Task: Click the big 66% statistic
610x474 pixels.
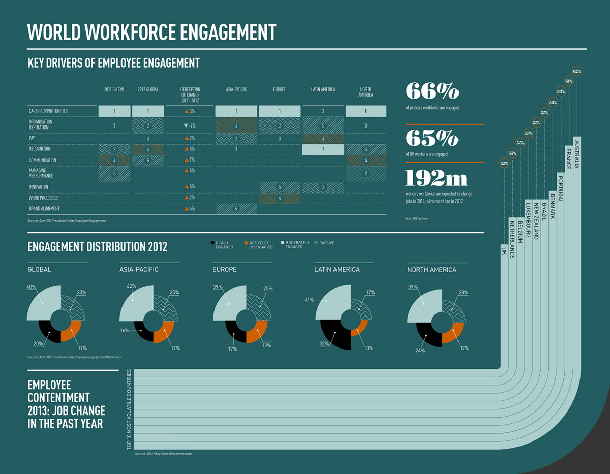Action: click(x=432, y=91)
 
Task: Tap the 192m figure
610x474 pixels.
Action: click(x=436, y=178)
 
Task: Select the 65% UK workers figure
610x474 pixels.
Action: click(x=432, y=138)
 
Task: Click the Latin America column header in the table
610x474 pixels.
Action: click(x=323, y=90)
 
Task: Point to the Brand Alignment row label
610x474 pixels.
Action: click(x=44, y=209)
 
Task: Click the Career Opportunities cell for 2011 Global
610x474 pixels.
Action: click(x=114, y=111)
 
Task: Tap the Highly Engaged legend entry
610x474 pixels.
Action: click(x=222, y=245)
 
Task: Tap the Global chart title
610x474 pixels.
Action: click(x=40, y=269)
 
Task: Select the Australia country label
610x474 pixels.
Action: click(x=577, y=153)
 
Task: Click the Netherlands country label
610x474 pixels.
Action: click(x=512, y=239)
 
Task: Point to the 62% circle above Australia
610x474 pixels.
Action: click(x=577, y=71)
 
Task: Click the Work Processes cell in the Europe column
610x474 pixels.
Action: click(x=280, y=198)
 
